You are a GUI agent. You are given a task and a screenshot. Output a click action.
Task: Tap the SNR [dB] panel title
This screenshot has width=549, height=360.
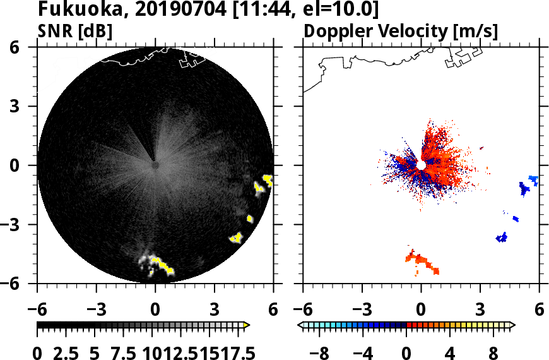(75, 31)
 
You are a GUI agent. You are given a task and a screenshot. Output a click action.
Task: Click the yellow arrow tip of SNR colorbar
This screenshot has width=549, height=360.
(247, 325)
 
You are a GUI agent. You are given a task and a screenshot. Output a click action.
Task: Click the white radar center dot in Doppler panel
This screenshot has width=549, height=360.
(421, 165)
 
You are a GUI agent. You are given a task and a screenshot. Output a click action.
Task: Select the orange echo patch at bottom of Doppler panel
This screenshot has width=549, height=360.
(422, 261)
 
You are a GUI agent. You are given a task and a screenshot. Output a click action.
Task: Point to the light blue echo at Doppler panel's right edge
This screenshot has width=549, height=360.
(533, 179)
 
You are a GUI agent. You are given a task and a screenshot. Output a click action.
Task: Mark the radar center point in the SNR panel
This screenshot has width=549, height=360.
(155, 165)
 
